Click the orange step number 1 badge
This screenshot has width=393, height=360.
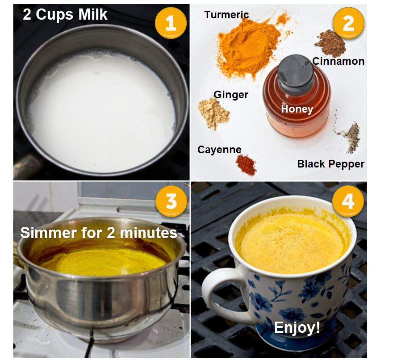(171, 23)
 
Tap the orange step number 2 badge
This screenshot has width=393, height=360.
(348, 23)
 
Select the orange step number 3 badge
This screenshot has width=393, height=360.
(171, 201)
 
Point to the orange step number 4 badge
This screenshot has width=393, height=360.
(348, 201)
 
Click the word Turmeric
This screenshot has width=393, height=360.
(226, 15)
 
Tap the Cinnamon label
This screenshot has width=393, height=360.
(339, 62)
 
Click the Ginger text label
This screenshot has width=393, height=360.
(231, 95)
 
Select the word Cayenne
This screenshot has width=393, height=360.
(219, 150)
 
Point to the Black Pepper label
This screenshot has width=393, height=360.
(330, 164)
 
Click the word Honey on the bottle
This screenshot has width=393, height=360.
(297, 109)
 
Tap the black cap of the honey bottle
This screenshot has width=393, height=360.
(296, 71)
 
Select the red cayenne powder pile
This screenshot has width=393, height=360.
(246, 165)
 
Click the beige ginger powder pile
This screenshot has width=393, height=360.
(213, 114)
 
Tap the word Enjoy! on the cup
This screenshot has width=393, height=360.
(297, 327)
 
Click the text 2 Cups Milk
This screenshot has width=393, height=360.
(65, 14)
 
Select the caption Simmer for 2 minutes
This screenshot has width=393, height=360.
(99, 233)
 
